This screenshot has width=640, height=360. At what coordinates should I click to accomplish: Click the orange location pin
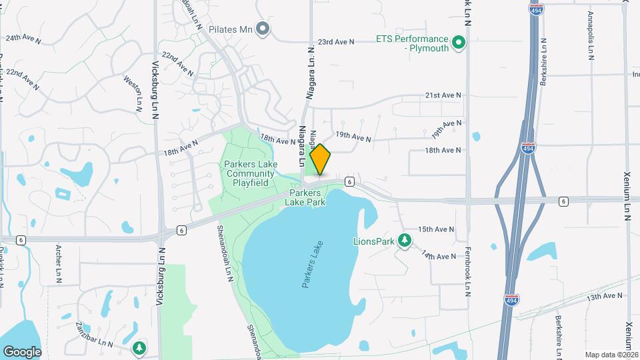321,159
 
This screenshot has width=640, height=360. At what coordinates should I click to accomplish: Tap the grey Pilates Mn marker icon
263,29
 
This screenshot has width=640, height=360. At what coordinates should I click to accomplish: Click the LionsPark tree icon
404,240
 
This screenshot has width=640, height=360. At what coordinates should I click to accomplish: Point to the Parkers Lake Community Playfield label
250,173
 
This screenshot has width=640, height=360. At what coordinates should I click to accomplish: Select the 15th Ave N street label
436,229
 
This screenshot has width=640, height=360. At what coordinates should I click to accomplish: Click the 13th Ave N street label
605,295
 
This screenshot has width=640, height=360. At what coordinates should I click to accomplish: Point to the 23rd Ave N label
335,42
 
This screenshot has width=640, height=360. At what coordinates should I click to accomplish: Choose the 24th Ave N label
23,39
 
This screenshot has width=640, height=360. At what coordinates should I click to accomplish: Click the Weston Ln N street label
133,93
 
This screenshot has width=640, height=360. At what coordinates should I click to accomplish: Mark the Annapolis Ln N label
591,36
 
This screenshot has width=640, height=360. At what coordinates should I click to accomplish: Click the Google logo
22,351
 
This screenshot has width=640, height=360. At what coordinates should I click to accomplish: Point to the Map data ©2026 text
611,355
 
